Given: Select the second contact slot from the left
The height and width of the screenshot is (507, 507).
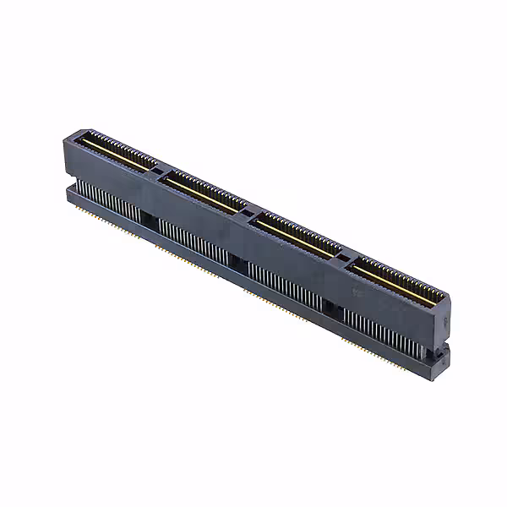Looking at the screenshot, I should [205, 192].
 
